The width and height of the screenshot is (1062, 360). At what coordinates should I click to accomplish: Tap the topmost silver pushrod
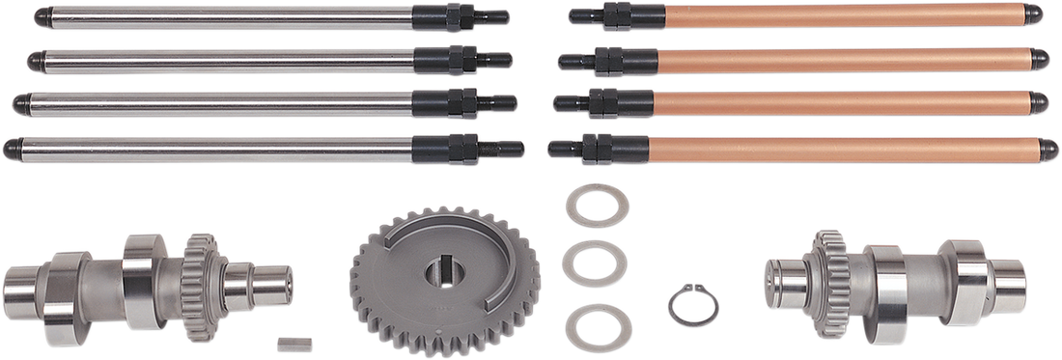232,14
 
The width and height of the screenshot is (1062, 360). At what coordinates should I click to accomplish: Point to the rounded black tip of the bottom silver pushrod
10,147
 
